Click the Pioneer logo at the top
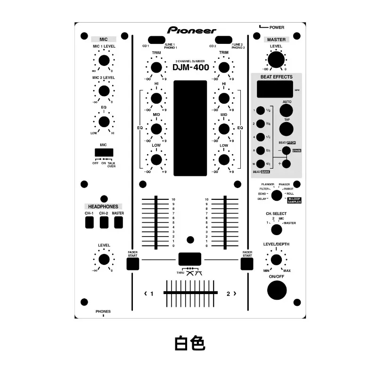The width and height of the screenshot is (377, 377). pos(191,30)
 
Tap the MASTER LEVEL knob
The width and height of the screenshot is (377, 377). pos(276,60)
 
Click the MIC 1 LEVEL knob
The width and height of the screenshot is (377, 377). pos(104,60)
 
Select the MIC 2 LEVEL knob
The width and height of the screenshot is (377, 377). pos(104,91)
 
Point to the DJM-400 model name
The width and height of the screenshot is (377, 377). pos(191,67)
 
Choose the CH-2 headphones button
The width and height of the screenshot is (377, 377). pos(104,222)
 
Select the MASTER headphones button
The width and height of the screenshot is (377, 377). pos(118,222)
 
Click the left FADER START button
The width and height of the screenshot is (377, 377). pos(133,264)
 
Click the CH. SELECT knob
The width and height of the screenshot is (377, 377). pos(276,229)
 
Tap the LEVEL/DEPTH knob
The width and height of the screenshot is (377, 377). pos(276,260)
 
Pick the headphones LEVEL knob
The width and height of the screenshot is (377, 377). pos(104,259)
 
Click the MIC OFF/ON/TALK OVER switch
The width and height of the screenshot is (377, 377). pos(104,153)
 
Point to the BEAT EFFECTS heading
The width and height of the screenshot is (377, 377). pos(276,77)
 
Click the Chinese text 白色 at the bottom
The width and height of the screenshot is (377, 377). pos(189,343)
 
